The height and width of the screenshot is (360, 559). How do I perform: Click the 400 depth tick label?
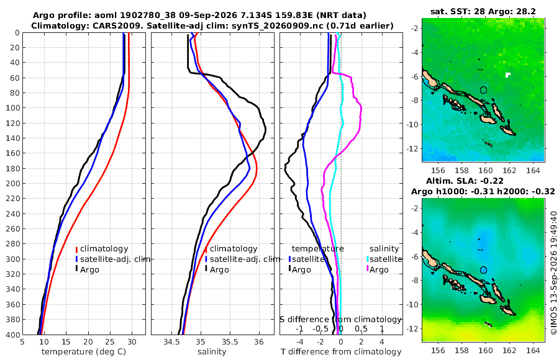coord(13,335)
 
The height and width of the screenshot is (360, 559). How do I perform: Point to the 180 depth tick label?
coord(13,168)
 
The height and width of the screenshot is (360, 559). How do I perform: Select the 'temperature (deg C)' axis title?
coord(84,352)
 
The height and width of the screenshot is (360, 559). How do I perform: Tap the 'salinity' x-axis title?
coord(212,352)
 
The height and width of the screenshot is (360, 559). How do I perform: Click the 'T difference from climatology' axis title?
coord(341,352)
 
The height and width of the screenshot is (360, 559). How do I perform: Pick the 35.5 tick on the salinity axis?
coord(230,342)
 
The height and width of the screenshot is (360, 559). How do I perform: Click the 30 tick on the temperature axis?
coord(132,342)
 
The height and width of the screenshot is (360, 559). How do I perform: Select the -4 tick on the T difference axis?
coord(299,342)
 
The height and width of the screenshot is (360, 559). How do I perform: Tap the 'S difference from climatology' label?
coord(340,320)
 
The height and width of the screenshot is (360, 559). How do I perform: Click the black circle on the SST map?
coord(483,87)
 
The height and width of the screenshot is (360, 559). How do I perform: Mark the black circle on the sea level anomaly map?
coord(483,267)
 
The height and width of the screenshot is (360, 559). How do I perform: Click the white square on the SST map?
coord(507,74)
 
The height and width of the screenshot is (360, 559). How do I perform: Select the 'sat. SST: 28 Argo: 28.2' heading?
coord(483,11)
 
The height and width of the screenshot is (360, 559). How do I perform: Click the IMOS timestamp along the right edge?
coord(553,272)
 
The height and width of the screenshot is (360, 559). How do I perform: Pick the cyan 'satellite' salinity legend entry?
coord(385,259)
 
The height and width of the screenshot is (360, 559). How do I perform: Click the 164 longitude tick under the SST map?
coord(533,170)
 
